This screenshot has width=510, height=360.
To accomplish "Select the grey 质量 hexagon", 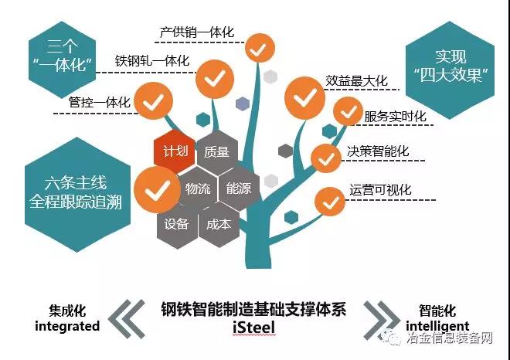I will click(217, 152).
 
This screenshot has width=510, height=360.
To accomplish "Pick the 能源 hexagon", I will click(238, 189).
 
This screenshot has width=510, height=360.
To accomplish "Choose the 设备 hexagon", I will click(177, 225).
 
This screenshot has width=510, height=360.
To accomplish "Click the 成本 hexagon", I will click(218, 225).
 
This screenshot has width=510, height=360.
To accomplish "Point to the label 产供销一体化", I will click(196, 32).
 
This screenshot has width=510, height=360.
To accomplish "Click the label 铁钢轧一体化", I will click(152, 60).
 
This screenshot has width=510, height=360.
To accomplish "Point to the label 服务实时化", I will click(395, 117).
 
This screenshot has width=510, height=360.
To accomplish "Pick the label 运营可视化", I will click(380, 189).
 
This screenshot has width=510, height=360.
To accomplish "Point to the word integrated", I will click(68, 326).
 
